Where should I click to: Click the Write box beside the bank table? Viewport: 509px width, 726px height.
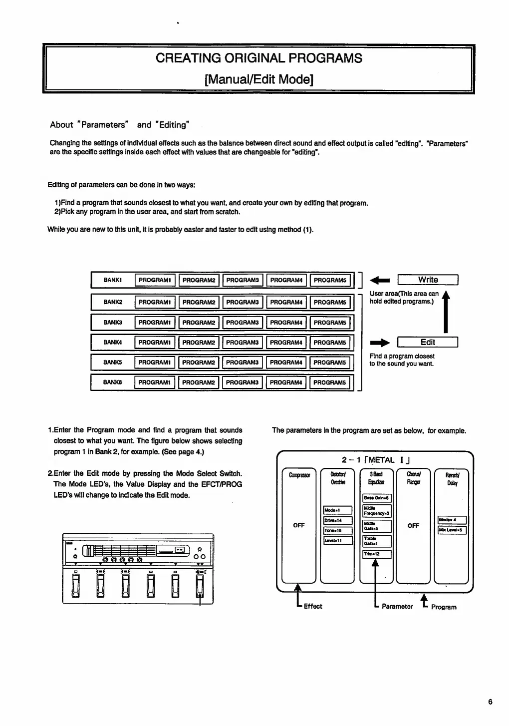(x=428, y=280)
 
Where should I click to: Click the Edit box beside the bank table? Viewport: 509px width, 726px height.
(x=428, y=343)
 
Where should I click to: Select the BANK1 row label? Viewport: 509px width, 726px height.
(x=113, y=280)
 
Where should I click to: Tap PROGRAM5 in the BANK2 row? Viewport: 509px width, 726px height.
(x=330, y=303)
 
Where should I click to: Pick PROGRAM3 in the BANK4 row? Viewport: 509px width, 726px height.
(x=242, y=343)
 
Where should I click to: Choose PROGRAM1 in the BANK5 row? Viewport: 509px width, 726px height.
(x=155, y=363)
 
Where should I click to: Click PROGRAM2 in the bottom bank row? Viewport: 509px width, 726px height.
(x=198, y=382)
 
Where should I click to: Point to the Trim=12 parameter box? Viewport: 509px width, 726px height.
(x=377, y=554)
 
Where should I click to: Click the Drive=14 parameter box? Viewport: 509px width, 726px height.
(x=338, y=520)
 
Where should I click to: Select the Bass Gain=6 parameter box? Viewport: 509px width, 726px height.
(x=377, y=498)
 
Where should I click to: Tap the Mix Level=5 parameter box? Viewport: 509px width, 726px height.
(x=452, y=530)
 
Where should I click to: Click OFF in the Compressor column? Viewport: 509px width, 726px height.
(x=299, y=525)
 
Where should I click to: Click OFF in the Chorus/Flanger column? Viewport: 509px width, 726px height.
(x=413, y=526)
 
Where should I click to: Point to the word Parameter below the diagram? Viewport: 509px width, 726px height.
(x=397, y=607)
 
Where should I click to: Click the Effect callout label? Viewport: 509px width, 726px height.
(x=313, y=606)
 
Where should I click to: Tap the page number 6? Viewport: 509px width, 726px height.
(x=491, y=702)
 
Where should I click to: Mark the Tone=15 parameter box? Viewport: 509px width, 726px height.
(x=338, y=531)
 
